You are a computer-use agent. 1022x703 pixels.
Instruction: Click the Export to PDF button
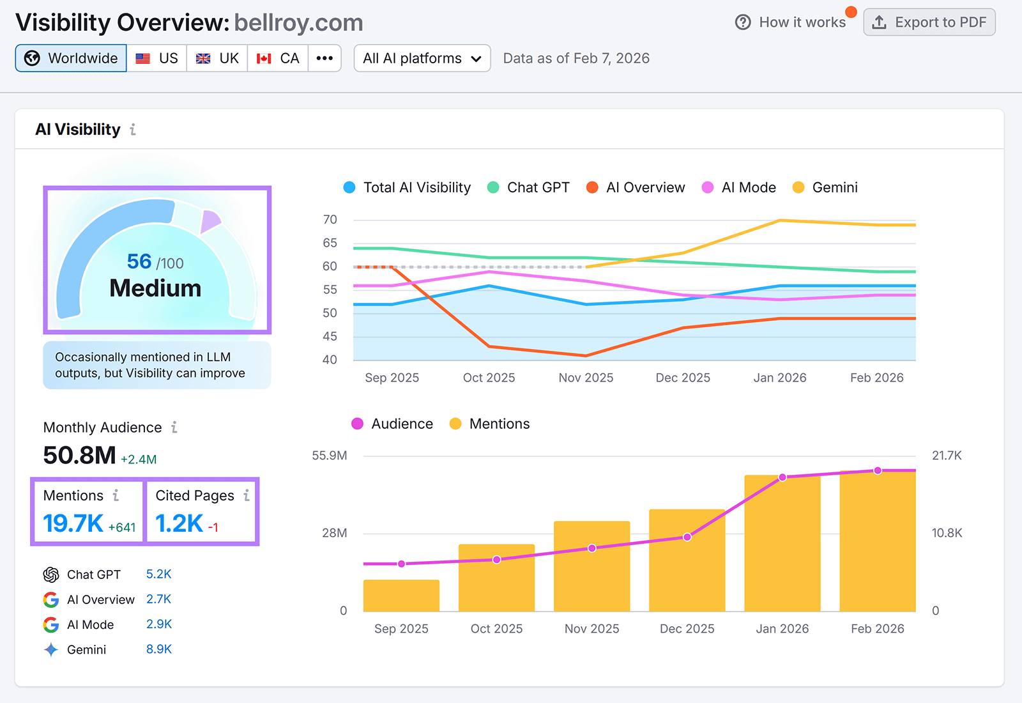point(929,22)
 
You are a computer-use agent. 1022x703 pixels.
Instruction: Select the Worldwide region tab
point(71,58)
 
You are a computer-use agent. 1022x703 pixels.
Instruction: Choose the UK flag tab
point(217,58)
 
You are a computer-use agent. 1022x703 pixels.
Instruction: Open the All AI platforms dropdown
point(422,58)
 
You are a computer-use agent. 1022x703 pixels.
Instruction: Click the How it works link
point(790,22)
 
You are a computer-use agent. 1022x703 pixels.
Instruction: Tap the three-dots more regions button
point(324,58)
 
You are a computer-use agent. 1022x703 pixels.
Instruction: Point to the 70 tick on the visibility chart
point(330,220)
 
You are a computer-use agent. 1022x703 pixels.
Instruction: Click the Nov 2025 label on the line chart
point(586,378)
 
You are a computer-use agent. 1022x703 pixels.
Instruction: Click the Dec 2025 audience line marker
point(687,537)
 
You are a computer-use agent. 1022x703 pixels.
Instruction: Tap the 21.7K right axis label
point(947,456)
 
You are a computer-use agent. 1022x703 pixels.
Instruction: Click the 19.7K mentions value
point(73,523)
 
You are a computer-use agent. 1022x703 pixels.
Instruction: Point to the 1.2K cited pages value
point(179,523)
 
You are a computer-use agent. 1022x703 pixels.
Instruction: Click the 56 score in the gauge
point(139,261)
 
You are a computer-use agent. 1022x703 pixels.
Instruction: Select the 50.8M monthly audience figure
point(80,456)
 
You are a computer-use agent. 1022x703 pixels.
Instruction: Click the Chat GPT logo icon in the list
point(51,575)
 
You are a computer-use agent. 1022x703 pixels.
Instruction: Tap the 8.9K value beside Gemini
point(159,649)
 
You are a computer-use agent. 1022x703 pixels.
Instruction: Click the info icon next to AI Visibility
point(133,130)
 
